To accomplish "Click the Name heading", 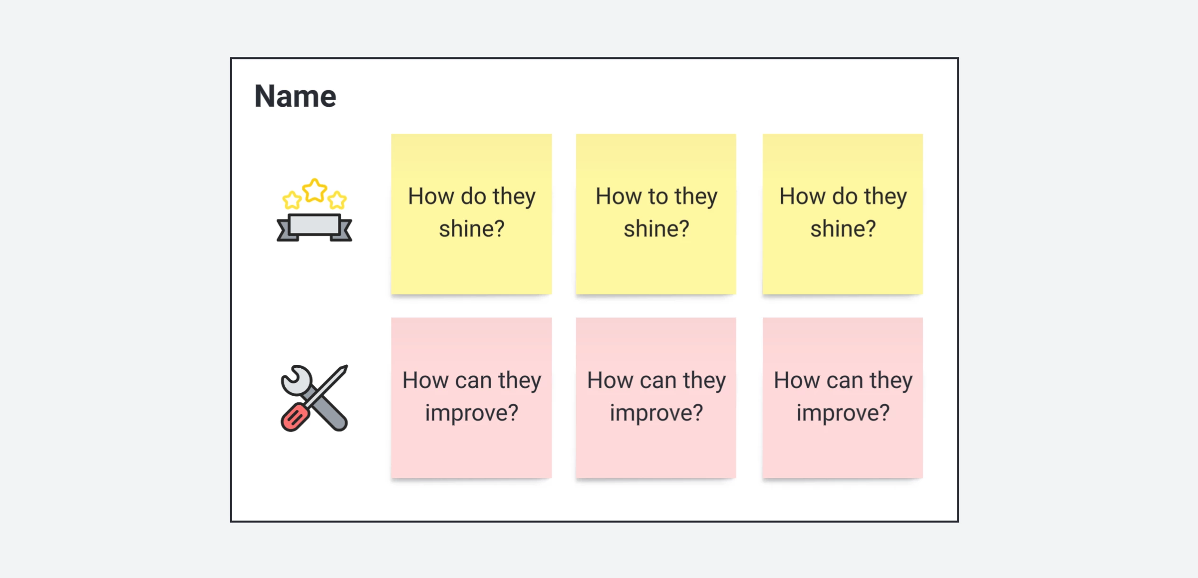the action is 295,96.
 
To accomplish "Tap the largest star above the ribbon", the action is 315,190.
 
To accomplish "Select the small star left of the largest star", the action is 292,200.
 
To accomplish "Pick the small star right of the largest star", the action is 337,200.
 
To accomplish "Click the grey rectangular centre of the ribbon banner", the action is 314,224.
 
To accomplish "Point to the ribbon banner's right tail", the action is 343,231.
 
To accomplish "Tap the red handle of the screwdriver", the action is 295,417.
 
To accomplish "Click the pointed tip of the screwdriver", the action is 346,367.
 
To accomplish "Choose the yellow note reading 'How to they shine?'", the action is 656,214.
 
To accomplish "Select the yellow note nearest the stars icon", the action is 471,214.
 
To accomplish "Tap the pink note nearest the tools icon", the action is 471,398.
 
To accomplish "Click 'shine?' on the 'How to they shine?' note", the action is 656,229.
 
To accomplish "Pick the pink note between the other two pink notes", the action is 656,398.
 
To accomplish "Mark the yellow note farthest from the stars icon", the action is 842,214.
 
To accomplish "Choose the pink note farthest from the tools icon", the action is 842,398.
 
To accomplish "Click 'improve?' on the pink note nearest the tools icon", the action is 472,413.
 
